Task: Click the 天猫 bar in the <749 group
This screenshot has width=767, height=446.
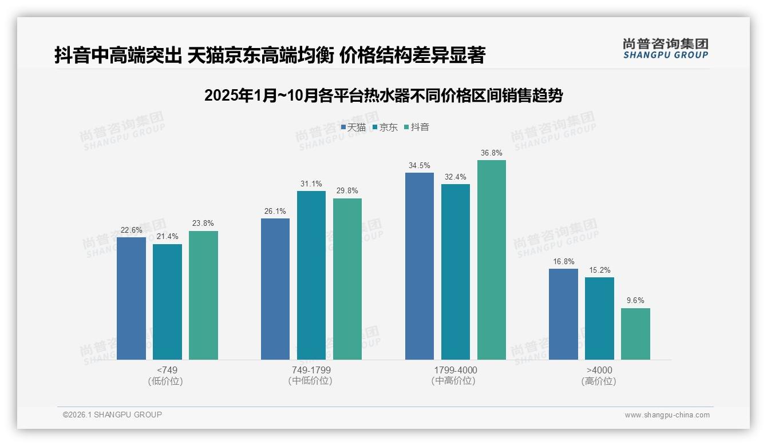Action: coord(131,298)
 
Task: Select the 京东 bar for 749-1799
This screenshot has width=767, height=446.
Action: coord(311,275)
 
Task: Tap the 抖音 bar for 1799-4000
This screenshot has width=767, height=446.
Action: coord(492,260)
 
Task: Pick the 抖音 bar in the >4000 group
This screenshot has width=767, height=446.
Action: coord(635,334)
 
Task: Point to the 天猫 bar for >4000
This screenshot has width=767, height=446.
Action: coord(563,314)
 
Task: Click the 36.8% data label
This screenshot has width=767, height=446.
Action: coord(492,153)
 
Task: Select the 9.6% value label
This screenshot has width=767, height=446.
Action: coord(635,301)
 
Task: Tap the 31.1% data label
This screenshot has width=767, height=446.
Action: coord(311,184)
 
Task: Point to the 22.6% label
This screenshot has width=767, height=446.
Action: coord(131,230)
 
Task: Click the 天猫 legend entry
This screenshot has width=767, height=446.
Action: coord(353,127)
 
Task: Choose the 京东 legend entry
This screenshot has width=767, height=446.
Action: coord(385,127)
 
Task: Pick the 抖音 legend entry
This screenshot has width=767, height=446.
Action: coord(417,127)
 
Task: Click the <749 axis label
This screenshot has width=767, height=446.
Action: coord(167,370)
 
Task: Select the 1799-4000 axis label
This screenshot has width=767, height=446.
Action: coord(455,370)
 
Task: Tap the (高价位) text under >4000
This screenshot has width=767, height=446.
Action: coord(599,381)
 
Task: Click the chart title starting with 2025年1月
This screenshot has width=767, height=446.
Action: coord(383,95)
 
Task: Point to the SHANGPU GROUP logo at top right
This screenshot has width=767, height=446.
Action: coord(666,49)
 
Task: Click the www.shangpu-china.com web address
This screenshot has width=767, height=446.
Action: coord(667,415)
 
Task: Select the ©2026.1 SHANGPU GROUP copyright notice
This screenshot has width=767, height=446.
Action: coord(112,415)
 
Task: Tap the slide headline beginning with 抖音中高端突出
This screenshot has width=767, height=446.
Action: coord(270,55)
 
